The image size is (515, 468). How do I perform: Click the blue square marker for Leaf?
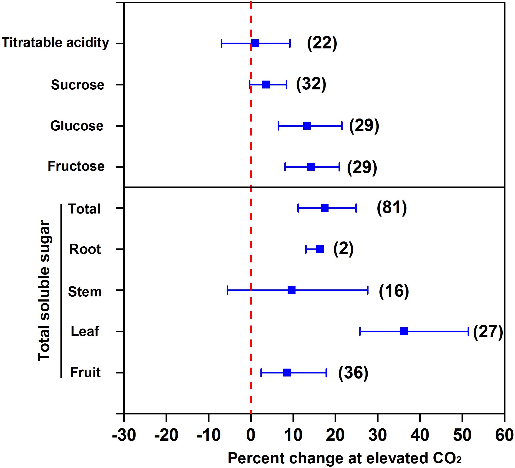[x=404, y=331]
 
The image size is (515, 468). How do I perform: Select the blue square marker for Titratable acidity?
[x=255, y=44]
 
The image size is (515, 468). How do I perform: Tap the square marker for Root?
[x=319, y=249]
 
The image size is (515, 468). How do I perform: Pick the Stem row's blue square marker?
[x=292, y=290]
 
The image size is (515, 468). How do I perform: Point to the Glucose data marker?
[x=306, y=126]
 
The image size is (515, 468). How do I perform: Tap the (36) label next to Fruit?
[x=353, y=373]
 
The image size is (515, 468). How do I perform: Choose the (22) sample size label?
[x=322, y=43]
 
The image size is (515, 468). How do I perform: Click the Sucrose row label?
[x=78, y=85]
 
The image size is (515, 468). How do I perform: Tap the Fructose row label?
[x=76, y=166]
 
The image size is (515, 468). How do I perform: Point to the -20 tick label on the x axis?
[x=166, y=435]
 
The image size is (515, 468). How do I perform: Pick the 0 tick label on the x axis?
[x=251, y=435]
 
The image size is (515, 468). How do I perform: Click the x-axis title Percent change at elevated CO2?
[x=345, y=458]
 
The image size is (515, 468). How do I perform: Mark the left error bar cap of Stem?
[x=227, y=290]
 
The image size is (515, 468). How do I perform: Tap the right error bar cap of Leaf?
[x=468, y=331]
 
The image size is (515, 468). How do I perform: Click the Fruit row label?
[x=85, y=372]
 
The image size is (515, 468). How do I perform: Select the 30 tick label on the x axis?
[x=378, y=435]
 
